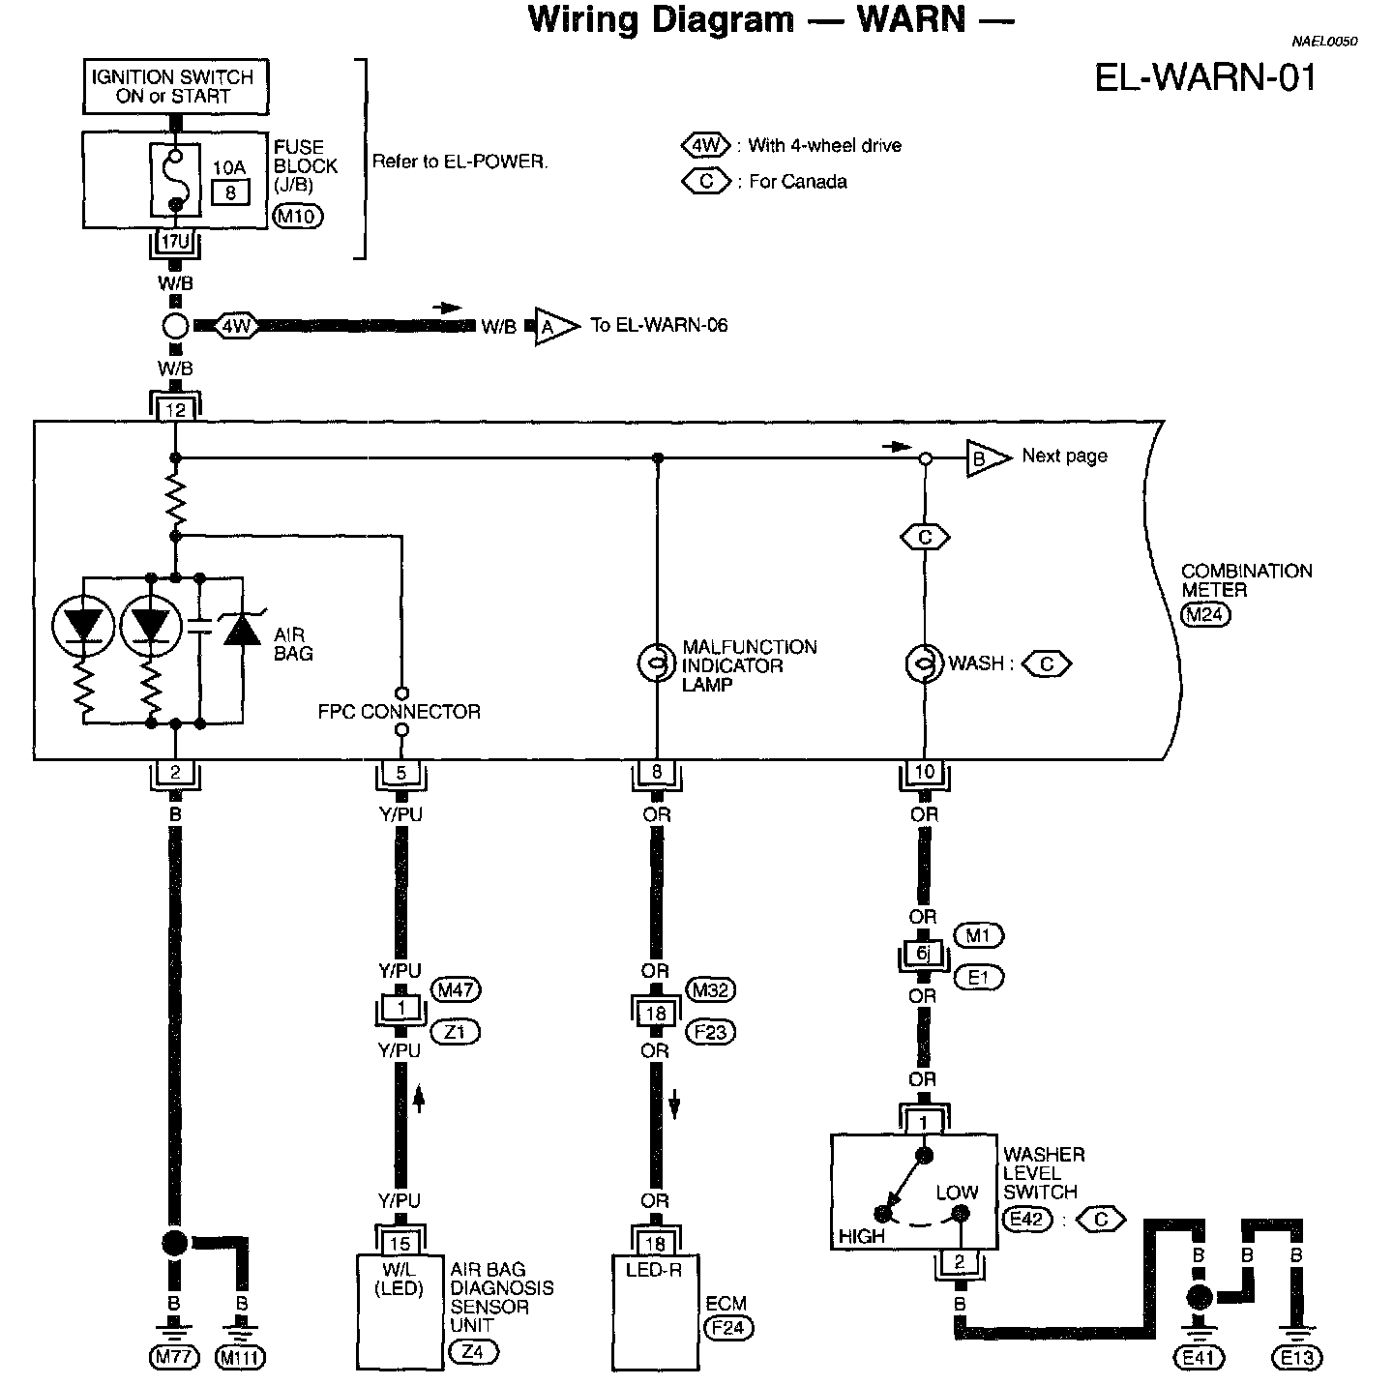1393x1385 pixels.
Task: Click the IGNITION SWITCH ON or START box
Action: (x=174, y=87)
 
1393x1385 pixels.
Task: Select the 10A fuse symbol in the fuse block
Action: (x=175, y=181)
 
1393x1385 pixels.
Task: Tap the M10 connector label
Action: (x=298, y=217)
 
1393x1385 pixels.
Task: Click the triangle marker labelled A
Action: (x=552, y=327)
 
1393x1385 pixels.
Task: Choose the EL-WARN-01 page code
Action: (x=1205, y=77)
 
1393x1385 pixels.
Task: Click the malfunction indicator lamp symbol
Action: (x=657, y=663)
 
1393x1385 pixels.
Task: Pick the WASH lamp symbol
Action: (x=924, y=663)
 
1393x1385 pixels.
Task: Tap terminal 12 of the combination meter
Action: (x=175, y=410)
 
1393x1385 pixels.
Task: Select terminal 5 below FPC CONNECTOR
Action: (x=401, y=773)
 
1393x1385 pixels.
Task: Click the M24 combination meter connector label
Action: (x=1205, y=612)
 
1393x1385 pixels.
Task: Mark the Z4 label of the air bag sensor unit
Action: (x=473, y=1351)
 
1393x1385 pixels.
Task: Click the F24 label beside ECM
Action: (x=728, y=1327)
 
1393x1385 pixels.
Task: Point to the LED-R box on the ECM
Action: (x=655, y=1269)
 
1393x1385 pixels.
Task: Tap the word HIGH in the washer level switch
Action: (x=861, y=1236)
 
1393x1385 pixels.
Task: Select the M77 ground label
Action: (x=174, y=1358)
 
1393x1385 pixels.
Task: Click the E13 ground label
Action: (x=1296, y=1358)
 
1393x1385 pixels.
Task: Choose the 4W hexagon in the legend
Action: (x=705, y=146)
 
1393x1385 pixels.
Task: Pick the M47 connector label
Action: (x=458, y=989)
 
